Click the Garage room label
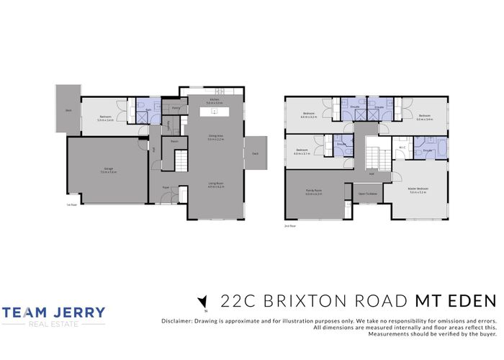107,170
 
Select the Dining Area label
215,138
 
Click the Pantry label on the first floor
176,108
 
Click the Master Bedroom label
419,190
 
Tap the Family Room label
313,192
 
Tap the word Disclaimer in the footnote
169,319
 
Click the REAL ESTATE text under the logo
54,325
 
